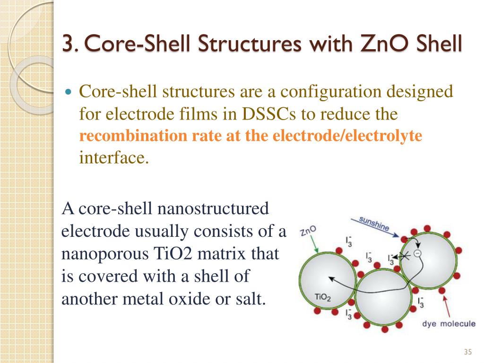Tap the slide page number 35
coord(468,352)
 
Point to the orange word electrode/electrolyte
coord(348,136)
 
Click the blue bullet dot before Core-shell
coord(69,91)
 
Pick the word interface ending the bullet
coord(114,157)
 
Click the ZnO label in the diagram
coord(308,231)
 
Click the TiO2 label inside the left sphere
coord(322,297)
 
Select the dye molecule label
coord(448,324)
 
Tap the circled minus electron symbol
coord(417,253)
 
